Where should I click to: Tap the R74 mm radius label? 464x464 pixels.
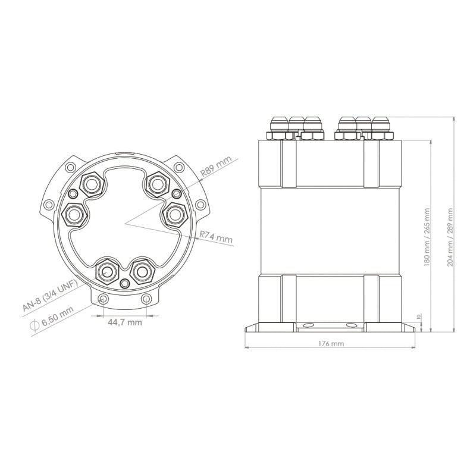(216, 237)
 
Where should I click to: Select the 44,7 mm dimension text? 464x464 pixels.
(124, 322)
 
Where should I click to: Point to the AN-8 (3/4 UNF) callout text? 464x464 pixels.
(50, 296)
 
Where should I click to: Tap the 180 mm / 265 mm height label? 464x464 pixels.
(427, 237)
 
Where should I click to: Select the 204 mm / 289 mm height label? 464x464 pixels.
(450, 237)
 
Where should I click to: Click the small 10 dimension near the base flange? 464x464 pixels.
(418, 316)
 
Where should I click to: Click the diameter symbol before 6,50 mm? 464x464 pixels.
(35, 325)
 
